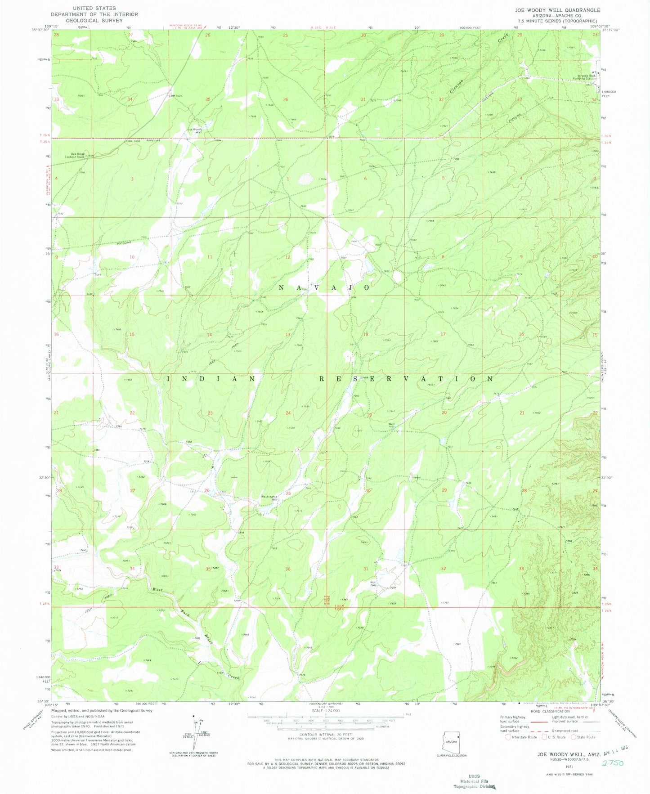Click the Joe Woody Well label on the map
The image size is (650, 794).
tap(194, 131)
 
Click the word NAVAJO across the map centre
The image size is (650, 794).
tap(324, 287)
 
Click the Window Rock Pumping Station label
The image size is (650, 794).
tap(586, 77)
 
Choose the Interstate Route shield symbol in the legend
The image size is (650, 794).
tap(509, 737)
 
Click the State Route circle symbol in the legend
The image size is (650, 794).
tap(574, 737)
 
